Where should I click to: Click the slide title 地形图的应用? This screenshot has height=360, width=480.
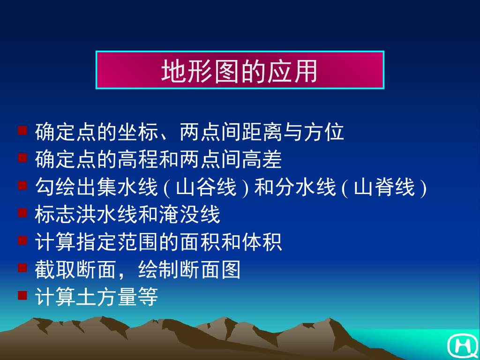pos(240,71)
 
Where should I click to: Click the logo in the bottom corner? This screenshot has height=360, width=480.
pos(462,345)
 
